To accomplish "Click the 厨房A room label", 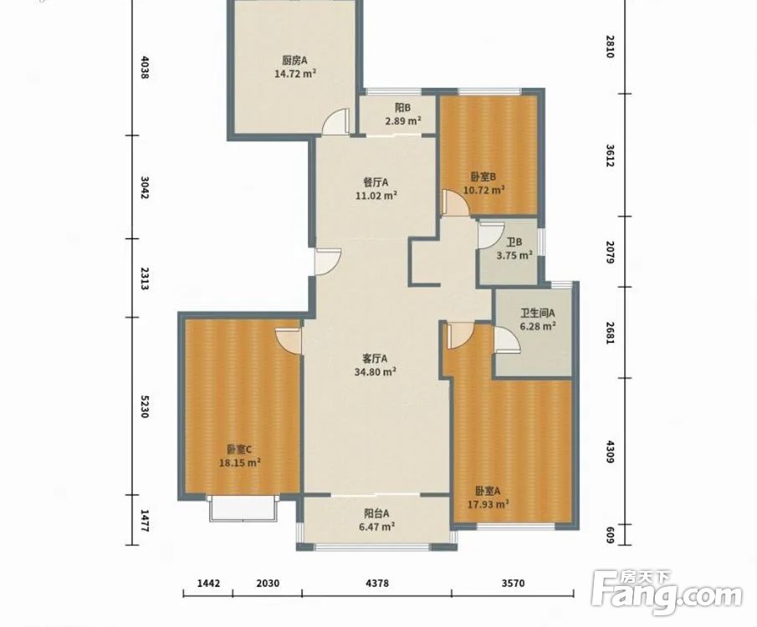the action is tap(294, 60).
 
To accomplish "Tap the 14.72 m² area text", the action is tap(295, 74).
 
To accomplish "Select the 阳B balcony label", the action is tap(402, 108).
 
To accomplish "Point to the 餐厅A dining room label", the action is tap(376, 182).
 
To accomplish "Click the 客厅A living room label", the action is tap(375, 359).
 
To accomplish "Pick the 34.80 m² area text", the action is tap(376, 372).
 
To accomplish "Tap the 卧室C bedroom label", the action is tap(239, 450).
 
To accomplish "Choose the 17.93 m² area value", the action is tap(488, 504).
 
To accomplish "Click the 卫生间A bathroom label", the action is tap(537, 313).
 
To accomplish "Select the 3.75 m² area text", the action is tap(514, 255).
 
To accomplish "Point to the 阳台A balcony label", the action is tap(376, 513).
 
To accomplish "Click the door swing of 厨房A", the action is tap(335, 121).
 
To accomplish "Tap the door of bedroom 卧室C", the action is tap(289, 341).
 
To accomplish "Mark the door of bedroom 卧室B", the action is tap(456, 202).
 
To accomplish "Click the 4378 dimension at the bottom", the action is tap(377, 583).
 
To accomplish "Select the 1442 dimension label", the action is tap(208, 583).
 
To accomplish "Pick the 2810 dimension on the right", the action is tap(609, 46).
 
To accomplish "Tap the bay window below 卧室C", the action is tap(243, 507).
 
